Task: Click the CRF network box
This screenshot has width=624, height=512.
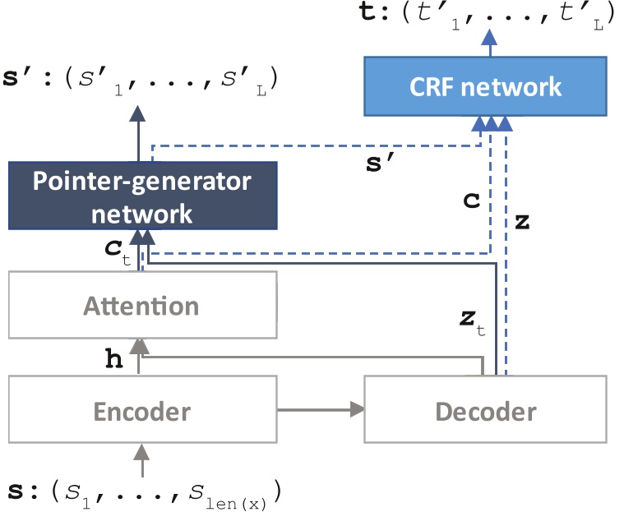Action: coord(485,85)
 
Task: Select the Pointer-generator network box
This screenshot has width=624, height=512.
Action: coord(142,196)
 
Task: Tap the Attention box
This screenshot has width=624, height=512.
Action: coord(141,307)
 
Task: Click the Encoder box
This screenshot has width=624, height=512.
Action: coord(141,410)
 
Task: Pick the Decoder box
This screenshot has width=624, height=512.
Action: coord(485,410)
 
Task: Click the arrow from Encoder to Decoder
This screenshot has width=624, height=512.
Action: coord(321,408)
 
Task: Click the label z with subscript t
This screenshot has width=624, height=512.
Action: coord(470,322)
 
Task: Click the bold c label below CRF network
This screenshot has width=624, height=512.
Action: coord(470,200)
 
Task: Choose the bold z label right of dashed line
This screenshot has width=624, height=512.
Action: coord(520,221)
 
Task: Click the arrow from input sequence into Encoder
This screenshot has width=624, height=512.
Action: coord(142,460)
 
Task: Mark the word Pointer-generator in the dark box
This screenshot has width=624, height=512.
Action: coord(142,182)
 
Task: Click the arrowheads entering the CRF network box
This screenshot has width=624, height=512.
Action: coord(490,123)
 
